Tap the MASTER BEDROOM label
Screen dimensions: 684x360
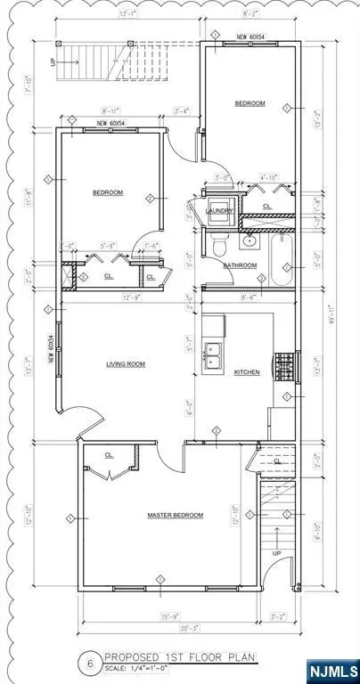[176, 515]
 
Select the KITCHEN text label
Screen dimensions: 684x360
[247, 372]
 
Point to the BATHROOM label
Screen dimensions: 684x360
[240, 265]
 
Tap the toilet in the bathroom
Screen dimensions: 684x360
[217, 242]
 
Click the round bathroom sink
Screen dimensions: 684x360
[250, 240]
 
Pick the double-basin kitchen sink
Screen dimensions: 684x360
[215, 355]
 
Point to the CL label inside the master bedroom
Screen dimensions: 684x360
[109, 455]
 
